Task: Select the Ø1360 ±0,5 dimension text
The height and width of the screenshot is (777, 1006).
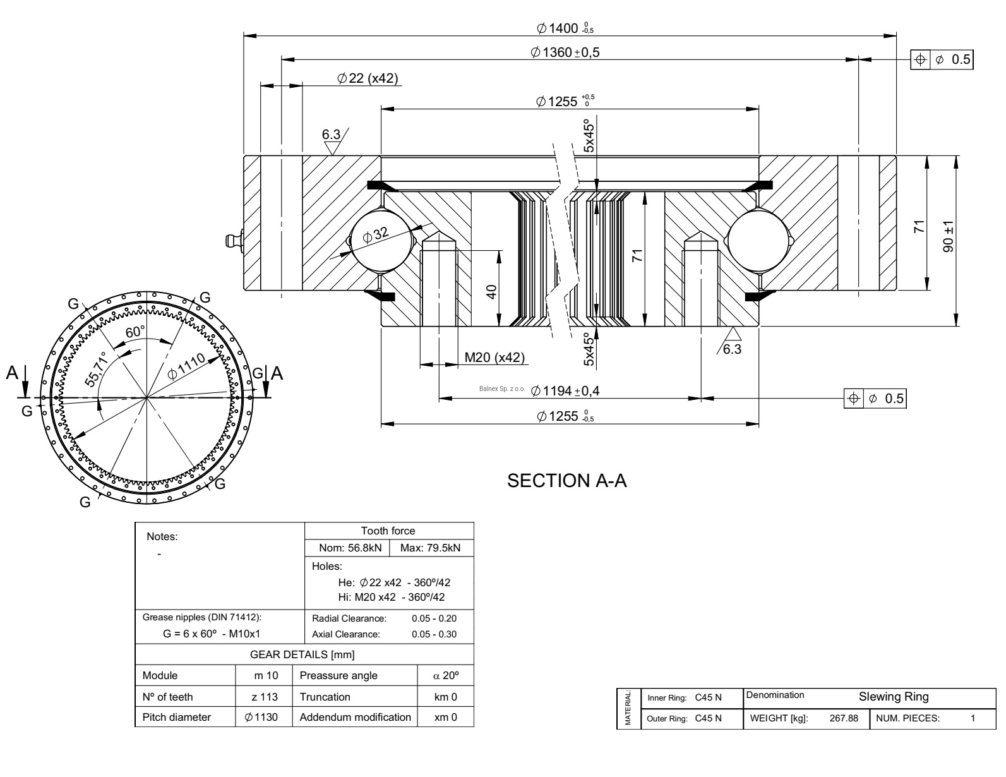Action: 565,52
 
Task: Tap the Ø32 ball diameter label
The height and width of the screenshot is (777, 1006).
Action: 376,236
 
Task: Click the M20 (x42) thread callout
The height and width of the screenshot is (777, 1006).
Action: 494,358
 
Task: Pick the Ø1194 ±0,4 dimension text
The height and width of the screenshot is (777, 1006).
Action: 565,391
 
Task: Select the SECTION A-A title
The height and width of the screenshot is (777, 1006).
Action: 567,481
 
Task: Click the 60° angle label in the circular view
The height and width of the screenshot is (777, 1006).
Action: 135,332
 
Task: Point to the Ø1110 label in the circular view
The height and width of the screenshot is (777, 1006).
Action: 187,366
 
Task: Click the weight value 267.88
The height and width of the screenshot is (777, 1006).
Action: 843,718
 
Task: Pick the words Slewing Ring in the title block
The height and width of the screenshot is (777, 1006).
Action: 893,697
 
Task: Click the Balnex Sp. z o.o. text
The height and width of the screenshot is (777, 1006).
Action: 502,390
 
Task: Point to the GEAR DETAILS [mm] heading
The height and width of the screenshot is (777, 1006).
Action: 304,654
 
